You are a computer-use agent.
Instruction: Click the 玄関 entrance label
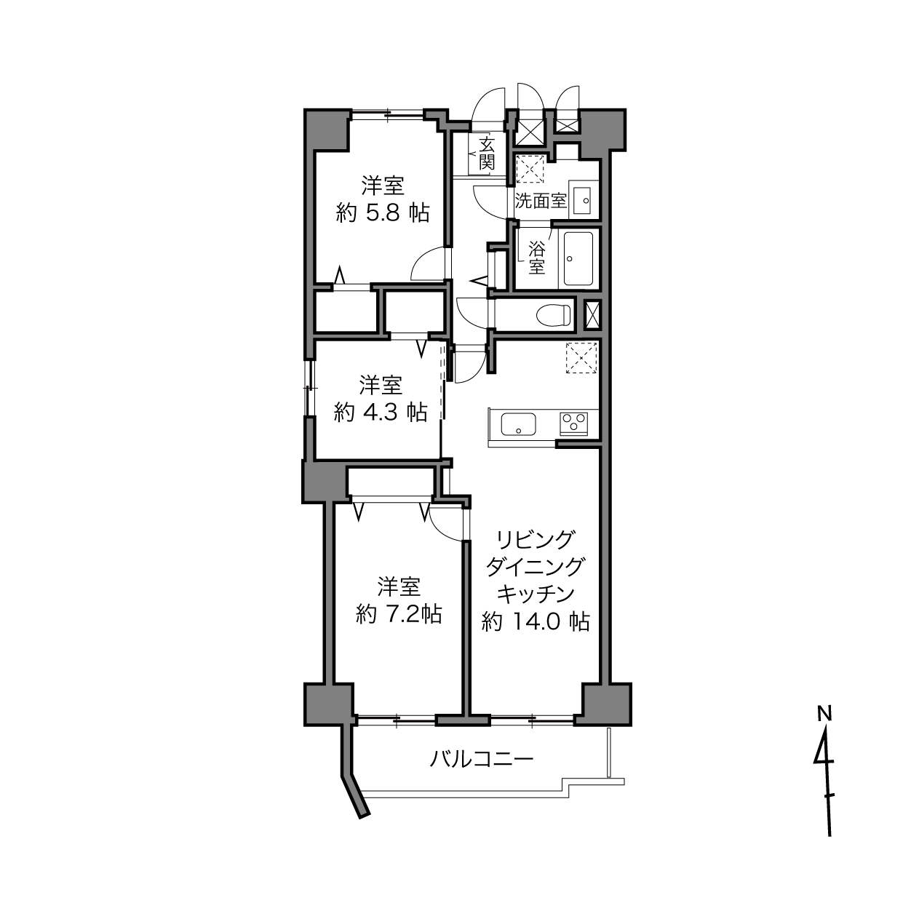coord(486,154)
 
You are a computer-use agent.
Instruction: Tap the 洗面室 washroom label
coord(541,202)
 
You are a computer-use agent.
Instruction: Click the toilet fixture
coord(554,314)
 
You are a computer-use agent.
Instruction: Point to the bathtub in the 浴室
coord(578,258)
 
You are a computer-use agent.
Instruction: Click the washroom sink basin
coord(583,201)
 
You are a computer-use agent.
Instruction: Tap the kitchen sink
coord(518,424)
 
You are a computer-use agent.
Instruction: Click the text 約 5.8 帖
coord(383,214)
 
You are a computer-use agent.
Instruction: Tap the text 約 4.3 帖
coord(381,413)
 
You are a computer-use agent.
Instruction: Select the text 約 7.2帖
coord(399,615)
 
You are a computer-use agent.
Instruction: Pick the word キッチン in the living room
coord(536,594)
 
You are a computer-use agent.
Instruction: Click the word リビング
coord(536,539)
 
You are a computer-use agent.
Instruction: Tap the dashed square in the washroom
coord(530,168)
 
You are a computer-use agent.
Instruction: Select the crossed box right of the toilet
coord(592,315)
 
